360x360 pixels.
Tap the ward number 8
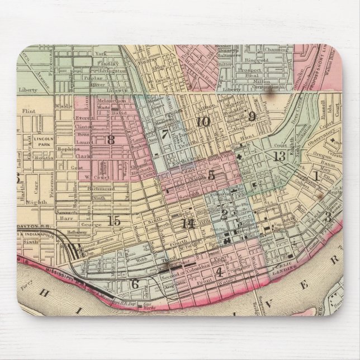tap(111, 140)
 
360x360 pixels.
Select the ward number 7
tap(164, 134)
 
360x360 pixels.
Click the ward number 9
tap(252, 116)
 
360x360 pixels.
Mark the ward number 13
tap(280, 156)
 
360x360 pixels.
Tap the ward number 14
tap(188, 224)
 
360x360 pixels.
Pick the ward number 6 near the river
tap(135, 283)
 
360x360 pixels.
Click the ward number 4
tap(219, 273)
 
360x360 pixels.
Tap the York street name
tap(100, 54)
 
